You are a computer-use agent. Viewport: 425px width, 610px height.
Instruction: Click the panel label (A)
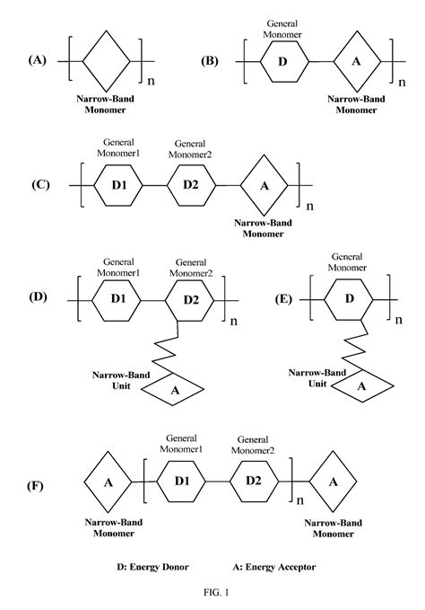click(x=37, y=60)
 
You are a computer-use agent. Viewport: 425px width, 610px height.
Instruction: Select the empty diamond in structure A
click(x=106, y=61)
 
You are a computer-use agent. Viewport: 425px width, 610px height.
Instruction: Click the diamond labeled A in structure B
click(x=355, y=61)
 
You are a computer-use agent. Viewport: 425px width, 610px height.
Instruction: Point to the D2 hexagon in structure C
click(x=190, y=183)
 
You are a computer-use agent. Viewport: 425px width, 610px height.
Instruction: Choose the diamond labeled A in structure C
click(x=264, y=183)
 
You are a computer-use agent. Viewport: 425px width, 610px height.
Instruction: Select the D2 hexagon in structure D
click(x=189, y=296)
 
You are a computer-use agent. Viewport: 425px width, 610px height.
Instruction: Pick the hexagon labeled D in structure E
click(x=351, y=296)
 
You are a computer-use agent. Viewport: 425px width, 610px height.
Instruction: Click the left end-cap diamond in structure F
click(x=109, y=482)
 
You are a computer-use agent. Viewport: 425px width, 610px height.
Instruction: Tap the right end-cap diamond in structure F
click(x=332, y=482)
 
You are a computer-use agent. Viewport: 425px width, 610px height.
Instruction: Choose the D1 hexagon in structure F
click(x=182, y=482)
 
